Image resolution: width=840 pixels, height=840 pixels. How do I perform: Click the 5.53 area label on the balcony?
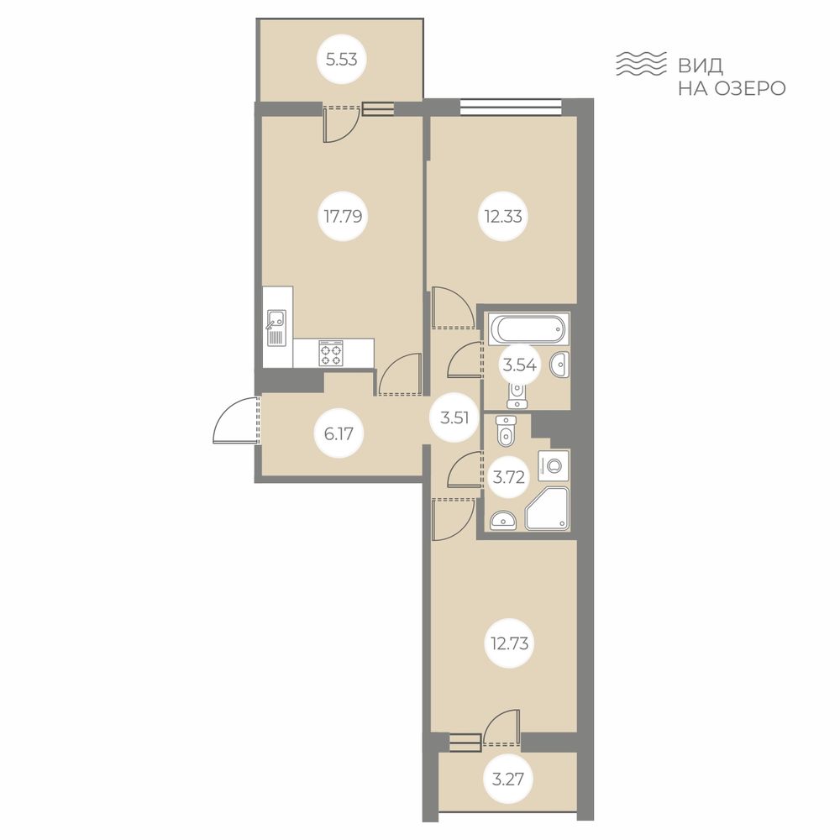(x=342, y=59)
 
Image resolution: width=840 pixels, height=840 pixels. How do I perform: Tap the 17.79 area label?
(x=343, y=217)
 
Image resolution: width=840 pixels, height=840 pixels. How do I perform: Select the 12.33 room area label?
(x=503, y=217)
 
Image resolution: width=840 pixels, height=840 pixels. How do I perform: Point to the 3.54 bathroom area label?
(x=519, y=365)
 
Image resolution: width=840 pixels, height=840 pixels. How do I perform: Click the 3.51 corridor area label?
(x=454, y=417)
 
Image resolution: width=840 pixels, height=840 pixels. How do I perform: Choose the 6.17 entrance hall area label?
(x=339, y=433)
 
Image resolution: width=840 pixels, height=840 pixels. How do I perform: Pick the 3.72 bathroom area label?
(x=508, y=476)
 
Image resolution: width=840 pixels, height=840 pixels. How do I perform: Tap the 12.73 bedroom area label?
(x=510, y=643)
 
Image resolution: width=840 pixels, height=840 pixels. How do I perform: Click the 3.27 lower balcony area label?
(x=507, y=779)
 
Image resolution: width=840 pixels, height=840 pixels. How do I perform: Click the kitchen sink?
(x=276, y=328)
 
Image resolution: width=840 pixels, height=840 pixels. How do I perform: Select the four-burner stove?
(x=330, y=353)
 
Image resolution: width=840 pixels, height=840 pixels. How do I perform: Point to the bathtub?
(x=528, y=329)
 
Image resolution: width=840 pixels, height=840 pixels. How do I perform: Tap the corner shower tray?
(x=547, y=508)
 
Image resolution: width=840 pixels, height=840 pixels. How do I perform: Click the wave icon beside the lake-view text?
(x=641, y=64)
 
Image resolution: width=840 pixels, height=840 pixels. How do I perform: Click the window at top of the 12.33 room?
(x=511, y=107)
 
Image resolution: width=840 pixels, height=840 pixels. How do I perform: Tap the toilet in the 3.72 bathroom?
(x=505, y=430)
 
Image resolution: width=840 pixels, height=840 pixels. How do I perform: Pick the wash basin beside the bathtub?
(x=559, y=365)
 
